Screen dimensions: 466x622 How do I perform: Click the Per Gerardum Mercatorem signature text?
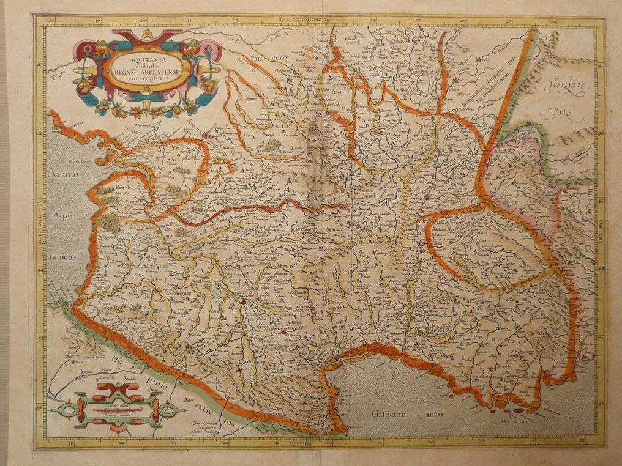point(204,426)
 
